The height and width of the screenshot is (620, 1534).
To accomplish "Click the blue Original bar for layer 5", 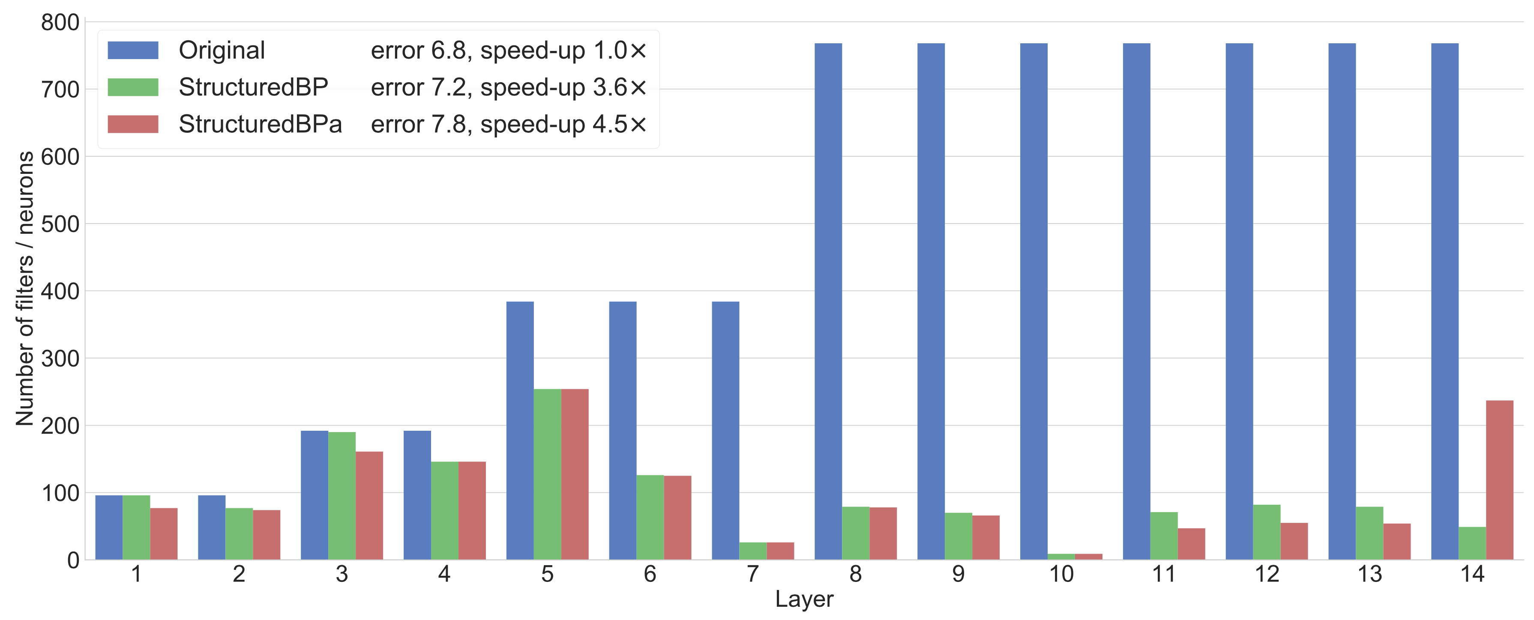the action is click(520, 430).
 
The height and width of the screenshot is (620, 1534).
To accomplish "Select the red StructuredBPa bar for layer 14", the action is click(1499, 480).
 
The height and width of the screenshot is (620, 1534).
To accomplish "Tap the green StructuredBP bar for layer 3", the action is click(342, 496).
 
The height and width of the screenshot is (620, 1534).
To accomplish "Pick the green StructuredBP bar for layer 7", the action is click(753, 551).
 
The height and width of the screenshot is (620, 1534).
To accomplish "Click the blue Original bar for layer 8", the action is click(828, 302).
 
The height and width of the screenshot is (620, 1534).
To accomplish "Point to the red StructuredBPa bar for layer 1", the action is click(164, 534).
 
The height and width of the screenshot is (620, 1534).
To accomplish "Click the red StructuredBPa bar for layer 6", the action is click(678, 518).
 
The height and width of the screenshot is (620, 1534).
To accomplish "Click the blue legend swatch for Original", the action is click(133, 50).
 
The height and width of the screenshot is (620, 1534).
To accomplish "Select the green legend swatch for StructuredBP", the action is click(133, 87).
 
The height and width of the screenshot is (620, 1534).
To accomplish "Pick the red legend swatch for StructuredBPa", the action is click(133, 124).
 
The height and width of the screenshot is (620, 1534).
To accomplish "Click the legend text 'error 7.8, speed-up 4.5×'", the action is click(509, 124).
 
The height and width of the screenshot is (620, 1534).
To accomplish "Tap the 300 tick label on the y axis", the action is click(60, 359).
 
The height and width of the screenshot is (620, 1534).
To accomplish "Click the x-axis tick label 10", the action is click(1061, 574).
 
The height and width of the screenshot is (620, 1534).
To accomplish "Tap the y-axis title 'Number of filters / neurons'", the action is click(24, 289).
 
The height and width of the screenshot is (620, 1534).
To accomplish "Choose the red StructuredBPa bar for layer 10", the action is click(1088, 557).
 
